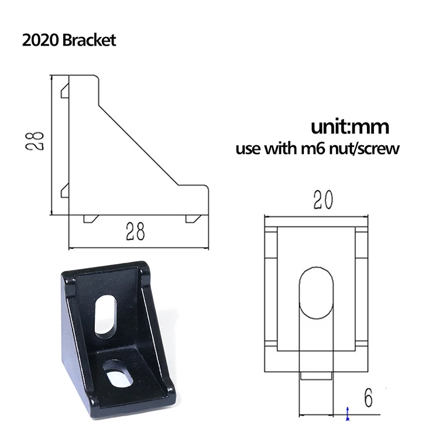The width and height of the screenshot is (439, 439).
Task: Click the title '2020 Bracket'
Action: (69, 40)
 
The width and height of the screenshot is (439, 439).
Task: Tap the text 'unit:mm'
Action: (350, 127)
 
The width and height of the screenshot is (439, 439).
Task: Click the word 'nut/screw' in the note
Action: (364, 148)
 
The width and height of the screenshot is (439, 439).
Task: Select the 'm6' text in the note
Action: (313, 149)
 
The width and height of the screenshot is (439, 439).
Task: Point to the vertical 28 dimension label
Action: (35, 142)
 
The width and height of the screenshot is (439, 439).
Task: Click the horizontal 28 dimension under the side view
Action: (135, 232)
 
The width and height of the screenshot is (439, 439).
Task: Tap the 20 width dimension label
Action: (323, 200)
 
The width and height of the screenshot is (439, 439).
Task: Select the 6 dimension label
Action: (368, 398)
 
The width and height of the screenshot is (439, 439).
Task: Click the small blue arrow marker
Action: (348, 413)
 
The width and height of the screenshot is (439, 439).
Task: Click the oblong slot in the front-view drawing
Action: (316, 293)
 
